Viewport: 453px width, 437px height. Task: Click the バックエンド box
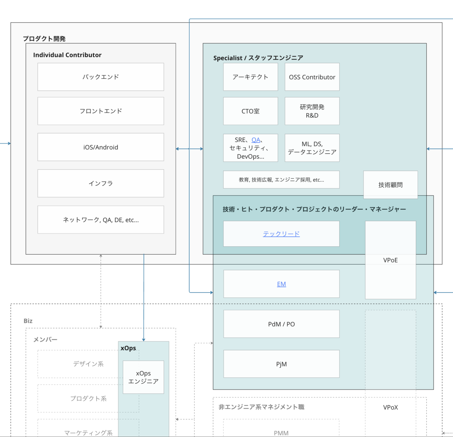point(101,77)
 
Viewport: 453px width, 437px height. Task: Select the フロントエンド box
point(101,111)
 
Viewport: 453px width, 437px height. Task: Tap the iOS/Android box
point(101,147)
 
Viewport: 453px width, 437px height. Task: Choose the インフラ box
point(101,183)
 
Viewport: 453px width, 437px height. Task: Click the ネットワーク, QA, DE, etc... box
point(101,220)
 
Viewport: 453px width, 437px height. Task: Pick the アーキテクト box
point(250,77)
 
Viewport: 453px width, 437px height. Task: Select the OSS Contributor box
point(312,77)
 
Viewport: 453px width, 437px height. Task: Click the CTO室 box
point(250,111)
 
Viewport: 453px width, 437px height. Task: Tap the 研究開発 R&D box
point(312,111)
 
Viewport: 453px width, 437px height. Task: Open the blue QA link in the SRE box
point(256,140)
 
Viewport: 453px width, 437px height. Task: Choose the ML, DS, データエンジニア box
point(312,148)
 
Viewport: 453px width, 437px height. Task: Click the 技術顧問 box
point(390,185)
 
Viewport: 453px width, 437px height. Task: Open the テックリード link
point(281,234)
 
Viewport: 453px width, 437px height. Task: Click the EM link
point(281,284)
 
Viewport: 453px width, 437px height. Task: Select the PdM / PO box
point(281,324)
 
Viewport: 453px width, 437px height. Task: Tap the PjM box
point(281,364)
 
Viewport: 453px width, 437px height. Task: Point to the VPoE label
point(390,260)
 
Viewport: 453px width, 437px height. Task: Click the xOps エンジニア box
point(143,377)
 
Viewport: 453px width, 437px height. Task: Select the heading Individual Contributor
point(67,55)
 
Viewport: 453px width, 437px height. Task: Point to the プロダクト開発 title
point(44,39)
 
